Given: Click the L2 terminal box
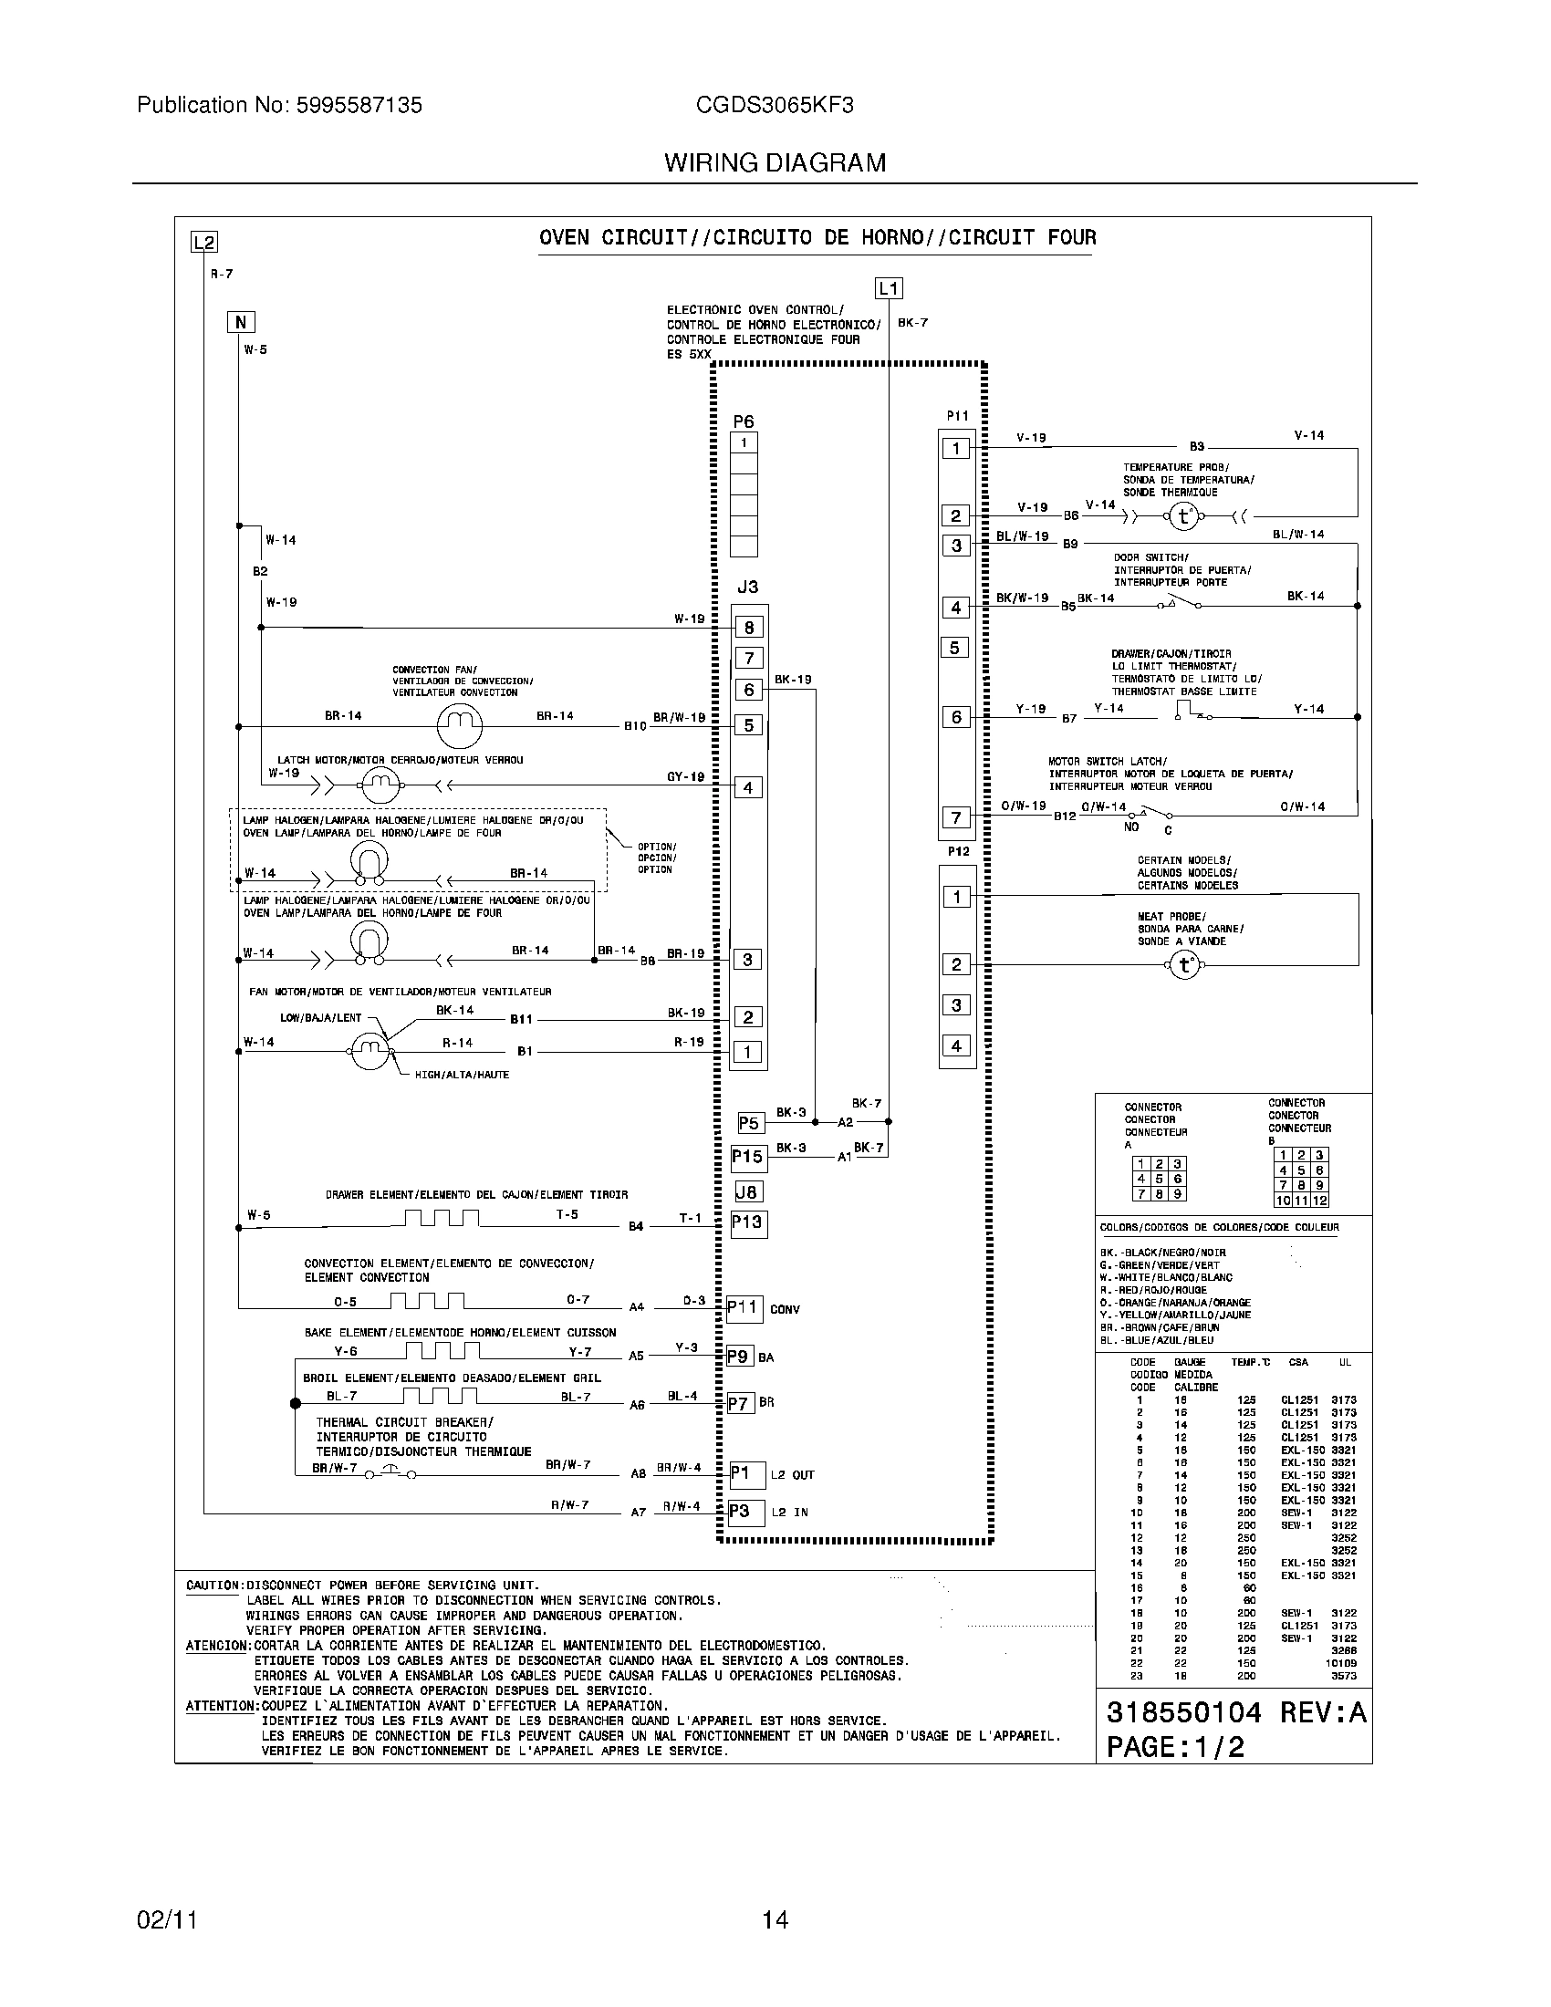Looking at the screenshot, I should pos(203,243).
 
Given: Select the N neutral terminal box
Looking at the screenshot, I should pos(241,322).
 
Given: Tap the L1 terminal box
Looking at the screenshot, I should pos(889,288).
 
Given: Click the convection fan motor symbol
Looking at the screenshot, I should pos(459,726).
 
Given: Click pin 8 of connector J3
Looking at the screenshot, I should pos(749,628).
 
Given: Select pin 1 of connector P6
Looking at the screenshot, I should pos(744,443).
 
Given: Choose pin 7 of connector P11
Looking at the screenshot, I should pos(955,817).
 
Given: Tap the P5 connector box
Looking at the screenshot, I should pos(750,1123).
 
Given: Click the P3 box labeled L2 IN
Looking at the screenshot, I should pos(746,1512).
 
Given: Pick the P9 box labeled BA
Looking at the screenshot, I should pos(740,1357).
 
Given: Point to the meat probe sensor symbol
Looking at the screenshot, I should pos(1183,965).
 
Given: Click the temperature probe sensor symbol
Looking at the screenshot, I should pos(1183,517).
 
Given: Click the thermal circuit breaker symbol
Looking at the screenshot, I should pos(390,1472).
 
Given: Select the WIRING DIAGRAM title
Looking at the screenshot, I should pos(775,162).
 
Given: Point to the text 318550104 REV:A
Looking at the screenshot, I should pos(1235,1712).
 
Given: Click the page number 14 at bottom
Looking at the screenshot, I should pos(775,1919).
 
